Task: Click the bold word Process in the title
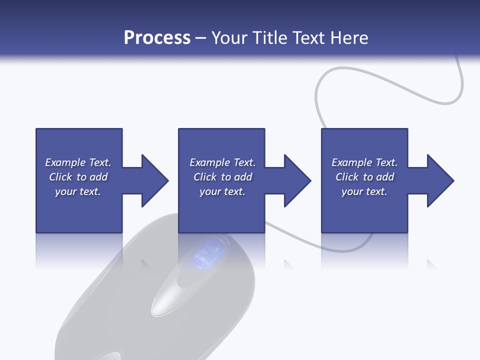157,38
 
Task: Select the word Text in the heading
308,38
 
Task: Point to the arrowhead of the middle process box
297,180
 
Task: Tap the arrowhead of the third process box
440,180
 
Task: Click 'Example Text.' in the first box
78,162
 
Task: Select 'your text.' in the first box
78,191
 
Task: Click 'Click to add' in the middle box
222,177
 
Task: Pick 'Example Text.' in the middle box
222,162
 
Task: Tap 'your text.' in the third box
364,191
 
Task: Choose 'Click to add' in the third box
364,177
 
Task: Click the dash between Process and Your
200,38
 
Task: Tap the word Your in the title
229,38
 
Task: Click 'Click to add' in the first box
78,177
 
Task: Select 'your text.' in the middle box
222,191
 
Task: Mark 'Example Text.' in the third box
364,162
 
